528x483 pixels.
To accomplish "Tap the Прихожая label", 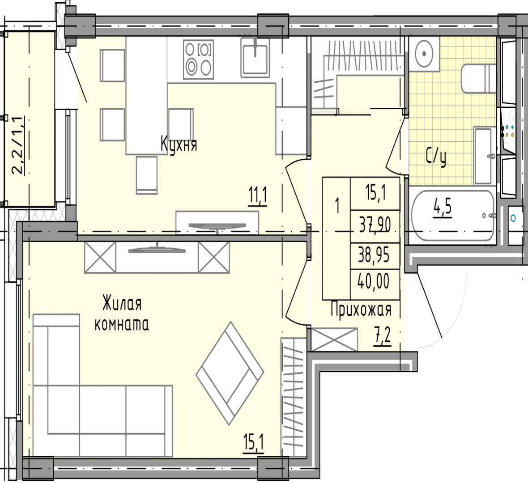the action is pos(361,309).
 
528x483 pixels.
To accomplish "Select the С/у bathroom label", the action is pos(436,157).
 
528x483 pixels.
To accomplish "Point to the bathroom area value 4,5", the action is pos(442,208).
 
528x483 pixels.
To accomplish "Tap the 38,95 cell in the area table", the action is pos(375,256).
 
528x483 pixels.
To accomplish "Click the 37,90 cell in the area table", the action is pos(375,226).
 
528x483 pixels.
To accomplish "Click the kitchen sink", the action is pos(255,57).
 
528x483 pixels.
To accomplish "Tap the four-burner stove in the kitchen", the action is pos(198,59).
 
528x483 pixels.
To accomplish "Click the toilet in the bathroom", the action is pos(478,78).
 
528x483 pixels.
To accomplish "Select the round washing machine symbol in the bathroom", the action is pos(424,54).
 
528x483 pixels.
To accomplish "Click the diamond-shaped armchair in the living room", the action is pos(230,373).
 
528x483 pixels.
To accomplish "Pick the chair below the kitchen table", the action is pos(147,175).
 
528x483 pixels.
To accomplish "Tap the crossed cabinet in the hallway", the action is pos(334,339).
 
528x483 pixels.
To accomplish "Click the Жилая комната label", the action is pos(122,314).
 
